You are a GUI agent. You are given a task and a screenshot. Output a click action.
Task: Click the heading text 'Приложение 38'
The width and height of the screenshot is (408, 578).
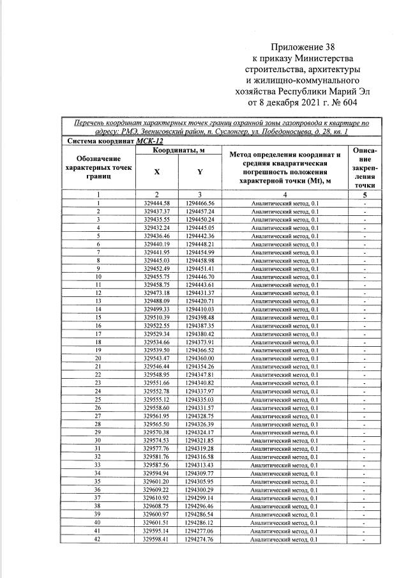[x=302, y=47]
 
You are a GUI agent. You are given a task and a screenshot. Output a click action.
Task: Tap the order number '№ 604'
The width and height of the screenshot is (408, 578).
[x=344, y=102]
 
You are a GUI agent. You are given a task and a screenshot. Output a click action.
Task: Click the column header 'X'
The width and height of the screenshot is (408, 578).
[x=157, y=171]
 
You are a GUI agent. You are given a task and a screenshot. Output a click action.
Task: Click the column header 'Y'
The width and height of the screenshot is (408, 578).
[x=200, y=171]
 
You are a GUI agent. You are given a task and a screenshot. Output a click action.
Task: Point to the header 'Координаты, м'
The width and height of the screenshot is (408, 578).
[x=178, y=151]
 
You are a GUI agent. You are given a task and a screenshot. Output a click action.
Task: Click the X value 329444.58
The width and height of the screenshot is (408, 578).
[x=157, y=203]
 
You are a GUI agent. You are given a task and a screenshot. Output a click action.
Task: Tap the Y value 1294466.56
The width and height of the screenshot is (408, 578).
[x=200, y=203]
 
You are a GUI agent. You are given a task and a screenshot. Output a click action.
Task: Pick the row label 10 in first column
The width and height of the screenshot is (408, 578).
[x=98, y=277]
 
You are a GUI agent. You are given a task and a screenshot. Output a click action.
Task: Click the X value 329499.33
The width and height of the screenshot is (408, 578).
[x=157, y=310]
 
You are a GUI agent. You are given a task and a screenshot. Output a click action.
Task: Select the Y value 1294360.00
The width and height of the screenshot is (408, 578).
[x=200, y=359]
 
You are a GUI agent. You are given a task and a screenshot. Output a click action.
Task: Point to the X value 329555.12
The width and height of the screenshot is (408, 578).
[x=157, y=400]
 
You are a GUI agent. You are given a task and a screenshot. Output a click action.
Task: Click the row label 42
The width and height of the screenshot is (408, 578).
[x=98, y=540]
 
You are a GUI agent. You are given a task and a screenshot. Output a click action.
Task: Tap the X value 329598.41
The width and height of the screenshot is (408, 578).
[x=157, y=540]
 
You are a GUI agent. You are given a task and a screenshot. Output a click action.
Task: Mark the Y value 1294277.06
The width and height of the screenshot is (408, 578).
[x=200, y=531]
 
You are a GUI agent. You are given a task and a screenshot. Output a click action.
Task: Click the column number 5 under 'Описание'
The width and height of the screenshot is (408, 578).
[x=365, y=195]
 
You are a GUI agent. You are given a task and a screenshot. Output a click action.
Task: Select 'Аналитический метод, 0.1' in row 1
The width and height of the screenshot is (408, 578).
[x=285, y=203]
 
